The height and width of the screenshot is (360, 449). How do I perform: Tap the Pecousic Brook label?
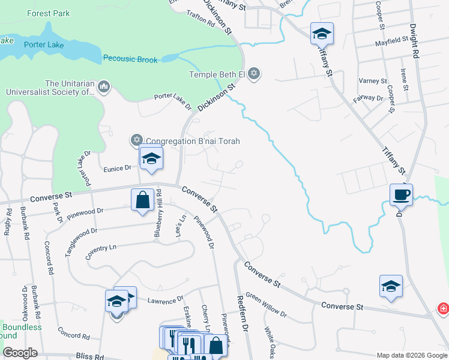[130, 59]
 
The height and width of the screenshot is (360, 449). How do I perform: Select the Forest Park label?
[49, 13]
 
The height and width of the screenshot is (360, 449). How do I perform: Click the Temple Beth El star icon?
[254, 74]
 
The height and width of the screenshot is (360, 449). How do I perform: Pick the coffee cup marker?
[400, 194]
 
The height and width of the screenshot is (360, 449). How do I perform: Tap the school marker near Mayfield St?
[322, 34]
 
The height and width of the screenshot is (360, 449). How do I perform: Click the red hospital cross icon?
[443, 308]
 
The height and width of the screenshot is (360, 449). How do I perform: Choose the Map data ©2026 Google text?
[411, 355]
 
